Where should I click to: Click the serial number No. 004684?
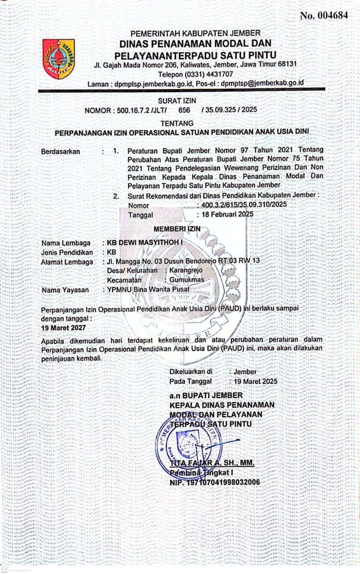(324, 15)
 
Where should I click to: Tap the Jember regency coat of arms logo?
(58, 59)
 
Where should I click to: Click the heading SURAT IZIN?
(177, 101)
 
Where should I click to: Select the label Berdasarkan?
(61, 151)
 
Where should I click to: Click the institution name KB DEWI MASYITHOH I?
(143, 243)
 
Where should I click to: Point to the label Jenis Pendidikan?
(67, 252)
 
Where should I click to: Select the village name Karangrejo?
(187, 271)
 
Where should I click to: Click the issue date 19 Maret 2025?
(253, 381)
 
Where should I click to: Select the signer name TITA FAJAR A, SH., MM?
(212, 463)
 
